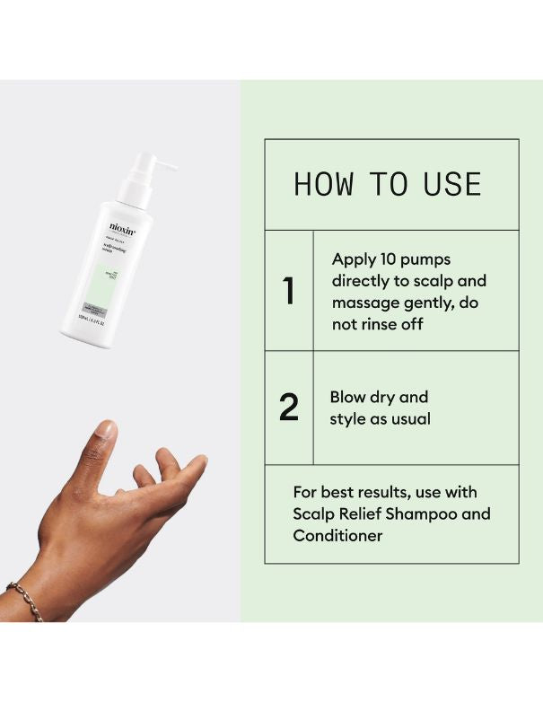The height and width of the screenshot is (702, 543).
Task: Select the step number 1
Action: click(289, 291)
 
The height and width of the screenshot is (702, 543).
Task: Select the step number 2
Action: click(289, 408)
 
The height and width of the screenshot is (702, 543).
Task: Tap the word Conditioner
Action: click(337, 536)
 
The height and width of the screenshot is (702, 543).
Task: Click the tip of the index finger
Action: click(198, 461)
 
